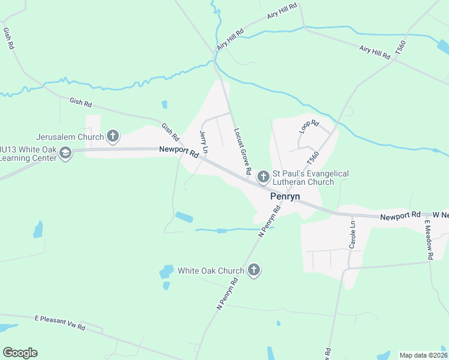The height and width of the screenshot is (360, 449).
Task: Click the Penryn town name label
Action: click(x=285, y=196)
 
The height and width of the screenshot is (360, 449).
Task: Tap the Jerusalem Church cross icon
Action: click(x=112, y=136)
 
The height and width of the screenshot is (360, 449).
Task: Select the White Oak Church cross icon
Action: click(x=253, y=271)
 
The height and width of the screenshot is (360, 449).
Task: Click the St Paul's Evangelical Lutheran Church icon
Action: click(x=263, y=176)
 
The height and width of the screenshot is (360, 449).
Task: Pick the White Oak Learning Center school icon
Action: click(x=65, y=154)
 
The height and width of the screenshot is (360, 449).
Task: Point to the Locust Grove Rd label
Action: click(x=243, y=151)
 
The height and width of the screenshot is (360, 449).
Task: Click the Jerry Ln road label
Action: click(x=204, y=142)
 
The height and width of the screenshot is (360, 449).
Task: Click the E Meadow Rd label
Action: click(x=429, y=239)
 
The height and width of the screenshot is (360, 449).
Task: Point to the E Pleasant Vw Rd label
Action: click(x=59, y=322)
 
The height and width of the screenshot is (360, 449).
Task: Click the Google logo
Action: click(x=20, y=353)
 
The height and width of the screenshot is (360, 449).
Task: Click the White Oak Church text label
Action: click(x=211, y=271)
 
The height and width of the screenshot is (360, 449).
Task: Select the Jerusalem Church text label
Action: click(x=70, y=136)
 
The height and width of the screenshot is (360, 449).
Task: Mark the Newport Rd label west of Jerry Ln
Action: click(x=178, y=152)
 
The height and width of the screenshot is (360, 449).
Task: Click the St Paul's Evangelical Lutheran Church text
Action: click(x=311, y=178)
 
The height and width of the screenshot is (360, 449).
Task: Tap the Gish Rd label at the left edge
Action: click(x=9, y=38)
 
